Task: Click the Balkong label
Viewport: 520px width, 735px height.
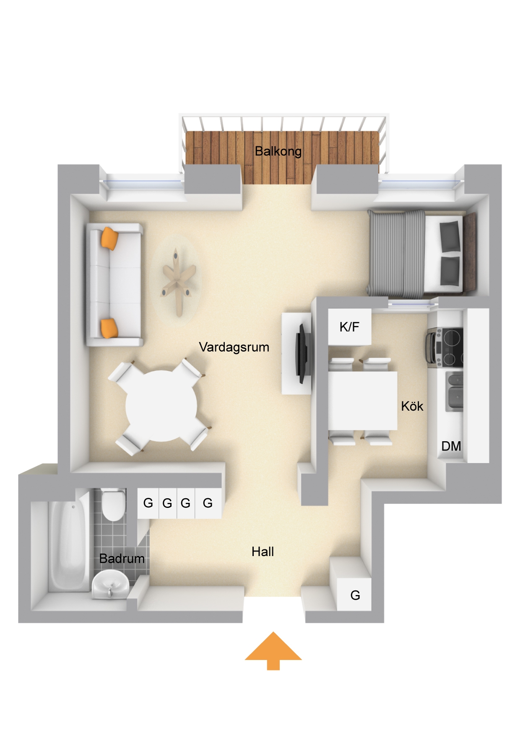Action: tap(278, 151)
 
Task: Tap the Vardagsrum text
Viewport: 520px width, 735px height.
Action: tap(234, 347)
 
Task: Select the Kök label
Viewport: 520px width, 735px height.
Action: tap(412, 406)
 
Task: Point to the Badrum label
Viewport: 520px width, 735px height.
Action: tap(122, 559)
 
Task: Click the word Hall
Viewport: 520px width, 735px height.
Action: tap(263, 552)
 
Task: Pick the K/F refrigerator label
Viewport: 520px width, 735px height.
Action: tap(349, 327)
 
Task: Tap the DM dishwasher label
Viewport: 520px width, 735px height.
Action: tap(451, 446)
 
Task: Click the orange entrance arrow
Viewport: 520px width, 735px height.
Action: tap(273, 650)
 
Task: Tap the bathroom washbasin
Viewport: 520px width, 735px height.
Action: tap(110, 584)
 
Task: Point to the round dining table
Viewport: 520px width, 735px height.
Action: tap(161, 405)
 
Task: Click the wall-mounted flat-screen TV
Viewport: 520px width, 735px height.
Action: tap(303, 354)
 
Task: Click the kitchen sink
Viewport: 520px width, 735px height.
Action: tap(454, 391)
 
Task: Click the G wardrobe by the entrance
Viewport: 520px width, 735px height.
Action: tap(354, 594)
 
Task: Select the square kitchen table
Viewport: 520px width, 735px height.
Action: tap(362, 401)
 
